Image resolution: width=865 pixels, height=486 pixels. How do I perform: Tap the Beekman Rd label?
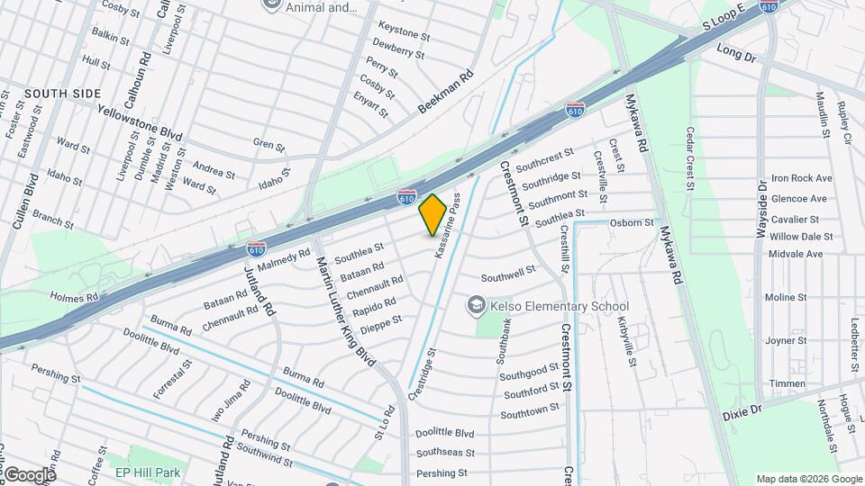[x=445, y=94]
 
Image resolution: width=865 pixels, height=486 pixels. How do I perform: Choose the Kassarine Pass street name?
[x=450, y=225]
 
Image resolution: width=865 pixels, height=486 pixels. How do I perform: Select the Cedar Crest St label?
[x=690, y=158]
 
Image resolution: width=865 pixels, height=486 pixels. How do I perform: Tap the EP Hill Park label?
[x=148, y=472]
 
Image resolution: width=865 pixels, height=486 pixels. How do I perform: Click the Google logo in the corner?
[x=29, y=474]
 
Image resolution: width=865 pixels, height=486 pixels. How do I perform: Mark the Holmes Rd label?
[x=74, y=297]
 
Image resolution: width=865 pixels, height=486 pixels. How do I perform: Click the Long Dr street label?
[x=736, y=53]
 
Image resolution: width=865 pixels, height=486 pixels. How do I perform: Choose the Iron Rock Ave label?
[x=801, y=178]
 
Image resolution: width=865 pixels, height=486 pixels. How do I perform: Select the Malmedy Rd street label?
[x=284, y=259]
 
